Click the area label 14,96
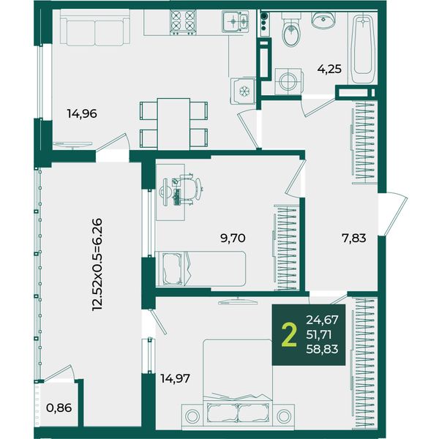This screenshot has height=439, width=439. tap(82, 113)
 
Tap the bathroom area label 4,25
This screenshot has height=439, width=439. tap(329, 69)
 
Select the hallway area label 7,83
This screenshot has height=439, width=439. tap(354, 239)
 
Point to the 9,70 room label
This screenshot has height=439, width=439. tap(233, 239)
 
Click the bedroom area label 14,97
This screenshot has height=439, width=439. tap(176, 378)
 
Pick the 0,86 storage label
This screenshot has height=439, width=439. tap(59, 408)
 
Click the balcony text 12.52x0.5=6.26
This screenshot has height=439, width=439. tap(98, 265)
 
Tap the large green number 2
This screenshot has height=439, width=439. tap(289, 334)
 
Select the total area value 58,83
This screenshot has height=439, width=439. tap(322, 349)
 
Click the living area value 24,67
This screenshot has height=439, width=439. tap(322, 320)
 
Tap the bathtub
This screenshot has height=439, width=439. tap(363, 49)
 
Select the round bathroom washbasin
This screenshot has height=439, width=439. tap(323, 20)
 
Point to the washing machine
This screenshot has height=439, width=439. tap(289, 81)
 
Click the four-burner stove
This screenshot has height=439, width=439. tap(183, 23)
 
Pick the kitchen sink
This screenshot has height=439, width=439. tap(236, 21)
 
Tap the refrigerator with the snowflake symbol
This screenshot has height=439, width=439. tap(243, 91)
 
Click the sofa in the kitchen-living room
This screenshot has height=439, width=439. tap(94, 28)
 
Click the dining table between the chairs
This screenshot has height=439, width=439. tap(173, 124)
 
